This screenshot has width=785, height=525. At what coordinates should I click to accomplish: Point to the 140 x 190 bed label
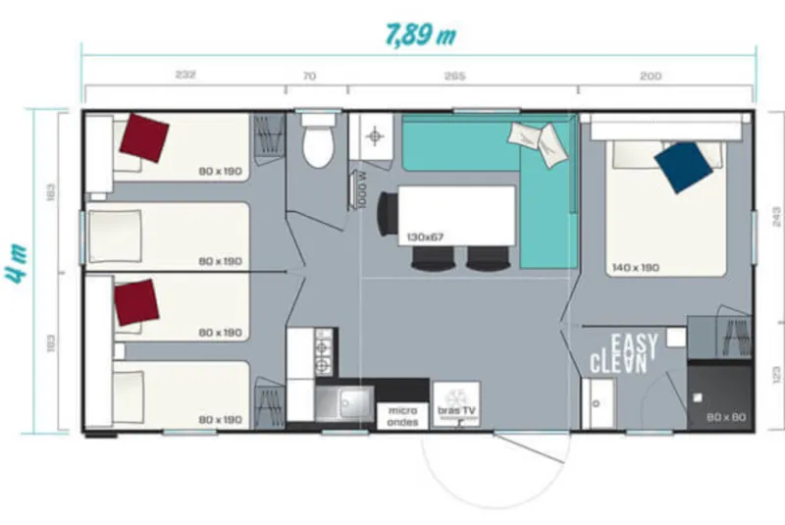click(637, 266)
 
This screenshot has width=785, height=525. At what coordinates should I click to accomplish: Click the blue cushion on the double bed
click(684, 166)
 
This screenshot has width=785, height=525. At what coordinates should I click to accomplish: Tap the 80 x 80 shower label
click(726, 418)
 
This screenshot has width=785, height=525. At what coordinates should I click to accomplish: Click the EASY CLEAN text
click(619, 354)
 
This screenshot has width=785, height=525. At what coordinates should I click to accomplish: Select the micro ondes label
click(402, 416)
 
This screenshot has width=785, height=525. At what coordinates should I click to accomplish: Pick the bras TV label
click(454, 412)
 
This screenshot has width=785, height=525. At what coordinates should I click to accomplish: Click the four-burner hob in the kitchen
click(322, 352)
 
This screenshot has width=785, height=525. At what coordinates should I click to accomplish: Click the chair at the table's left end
click(389, 213)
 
